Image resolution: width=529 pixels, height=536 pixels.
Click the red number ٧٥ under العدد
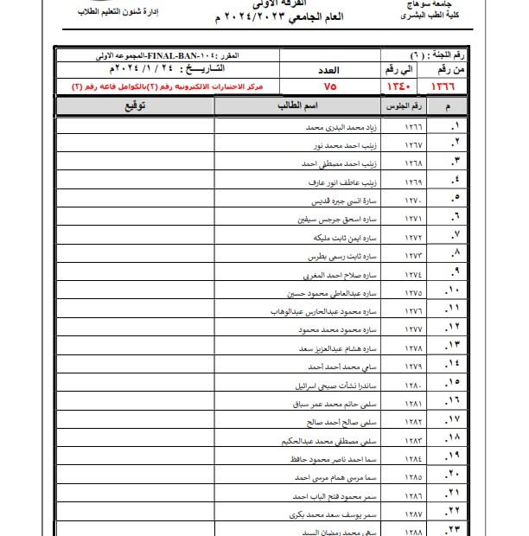click(330, 87)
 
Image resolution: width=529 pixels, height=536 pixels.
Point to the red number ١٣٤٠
click(397, 87)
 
